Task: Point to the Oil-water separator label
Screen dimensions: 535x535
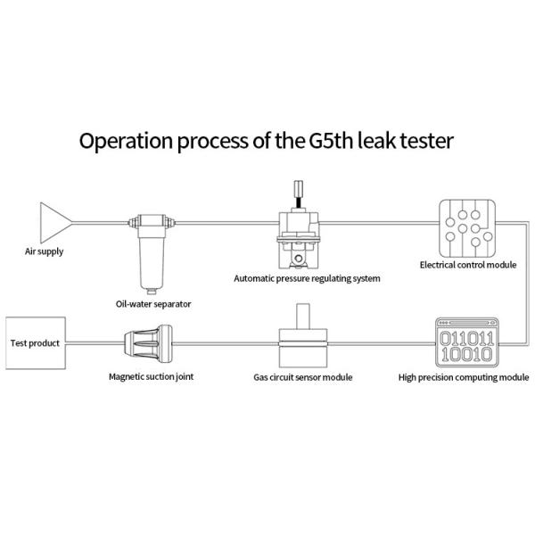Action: (x=153, y=303)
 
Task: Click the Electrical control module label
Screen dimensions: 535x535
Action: (x=468, y=265)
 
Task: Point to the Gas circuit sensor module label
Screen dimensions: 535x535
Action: (x=302, y=377)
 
